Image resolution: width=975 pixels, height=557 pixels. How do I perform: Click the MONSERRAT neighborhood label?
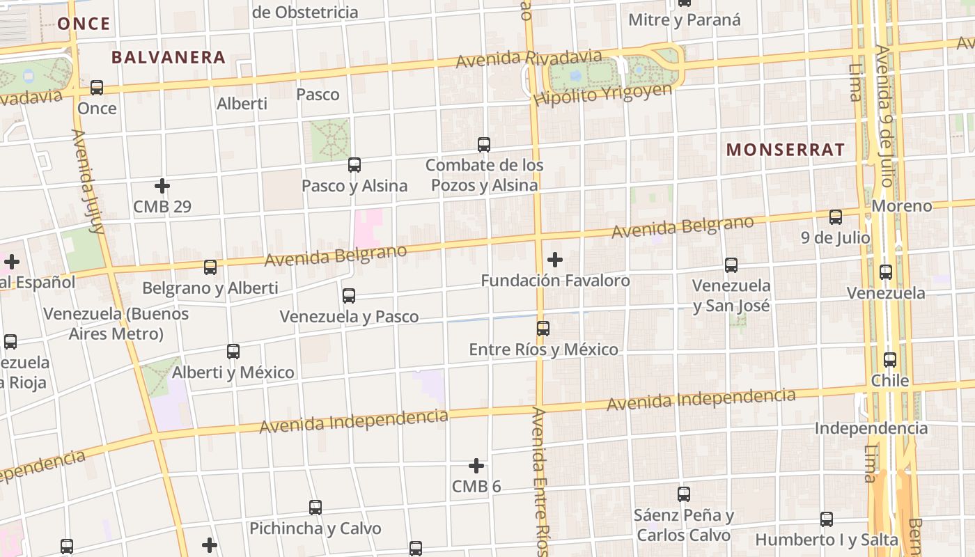[x=785, y=149]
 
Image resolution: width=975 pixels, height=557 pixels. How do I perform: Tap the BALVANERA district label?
[x=169, y=57]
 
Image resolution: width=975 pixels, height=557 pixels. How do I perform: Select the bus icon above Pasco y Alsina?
[x=354, y=165]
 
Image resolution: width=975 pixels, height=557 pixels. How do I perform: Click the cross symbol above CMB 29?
[x=162, y=186]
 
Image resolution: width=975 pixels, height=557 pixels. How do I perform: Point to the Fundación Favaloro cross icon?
[x=555, y=260]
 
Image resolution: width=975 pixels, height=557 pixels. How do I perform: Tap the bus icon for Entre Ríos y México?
[x=543, y=328]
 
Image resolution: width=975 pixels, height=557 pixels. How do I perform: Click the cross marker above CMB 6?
[x=476, y=465]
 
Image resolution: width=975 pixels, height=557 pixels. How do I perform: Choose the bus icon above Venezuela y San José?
[x=731, y=265]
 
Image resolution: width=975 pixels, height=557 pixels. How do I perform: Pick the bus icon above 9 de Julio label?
[x=836, y=217]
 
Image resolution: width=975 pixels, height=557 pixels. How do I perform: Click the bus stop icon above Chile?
[x=890, y=360]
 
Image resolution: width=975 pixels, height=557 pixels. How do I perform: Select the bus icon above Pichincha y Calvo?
[x=315, y=508]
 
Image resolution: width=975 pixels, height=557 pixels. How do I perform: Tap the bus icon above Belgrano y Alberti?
[x=210, y=267]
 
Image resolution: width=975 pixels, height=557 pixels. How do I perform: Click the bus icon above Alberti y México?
[x=233, y=352]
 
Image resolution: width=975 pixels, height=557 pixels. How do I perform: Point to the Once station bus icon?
[x=97, y=88]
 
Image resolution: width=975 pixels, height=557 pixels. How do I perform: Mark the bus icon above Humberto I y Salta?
[x=827, y=519]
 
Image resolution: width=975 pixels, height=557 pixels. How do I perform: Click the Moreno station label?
[x=902, y=206]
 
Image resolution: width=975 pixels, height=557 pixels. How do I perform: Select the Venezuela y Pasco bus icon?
[x=349, y=296]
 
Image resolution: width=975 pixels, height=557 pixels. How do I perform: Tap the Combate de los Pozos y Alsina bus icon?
[x=484, y=145]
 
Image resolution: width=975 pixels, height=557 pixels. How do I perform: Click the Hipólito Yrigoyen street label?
[x=603, y=94]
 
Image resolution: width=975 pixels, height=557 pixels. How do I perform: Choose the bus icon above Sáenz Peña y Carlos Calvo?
[x=684, y=494]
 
